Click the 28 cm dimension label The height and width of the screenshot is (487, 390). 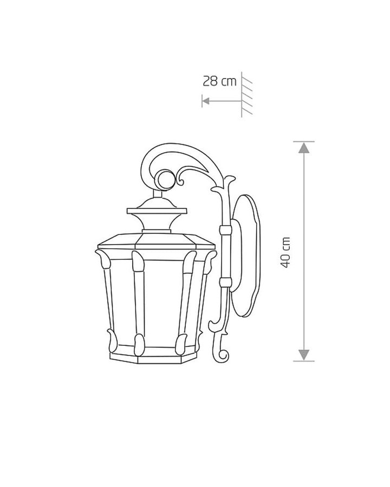coord(219,81)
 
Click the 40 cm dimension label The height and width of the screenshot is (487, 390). coord(285,252)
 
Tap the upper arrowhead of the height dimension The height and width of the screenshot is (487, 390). coord(304,148)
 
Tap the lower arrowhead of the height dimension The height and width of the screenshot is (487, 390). coord(304,354)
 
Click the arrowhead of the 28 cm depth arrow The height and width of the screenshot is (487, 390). coord(206,101)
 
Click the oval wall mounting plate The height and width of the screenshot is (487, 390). coord(246,255)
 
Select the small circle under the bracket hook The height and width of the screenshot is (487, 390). coord(165,180)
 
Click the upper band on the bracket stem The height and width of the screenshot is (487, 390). coord(225,230)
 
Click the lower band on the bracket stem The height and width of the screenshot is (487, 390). coord(225,282)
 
